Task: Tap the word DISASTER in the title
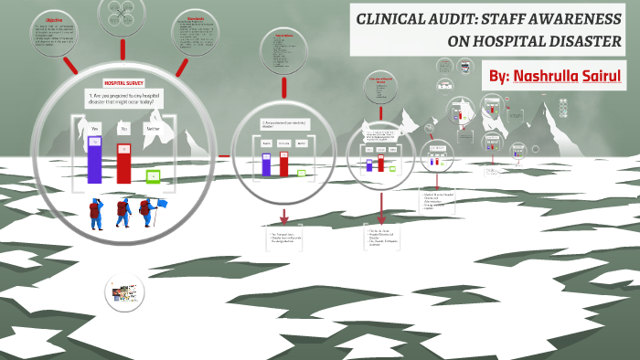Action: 586,41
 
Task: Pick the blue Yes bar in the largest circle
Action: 94,159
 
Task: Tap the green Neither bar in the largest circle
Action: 153,175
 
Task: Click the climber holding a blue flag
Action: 148,213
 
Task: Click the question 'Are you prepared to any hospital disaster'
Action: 124,99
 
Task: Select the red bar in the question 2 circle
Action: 284,163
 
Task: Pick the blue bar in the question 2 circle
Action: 266,164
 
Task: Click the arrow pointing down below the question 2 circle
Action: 283,217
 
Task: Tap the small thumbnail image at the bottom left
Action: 125,292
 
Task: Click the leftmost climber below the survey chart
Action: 94,215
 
